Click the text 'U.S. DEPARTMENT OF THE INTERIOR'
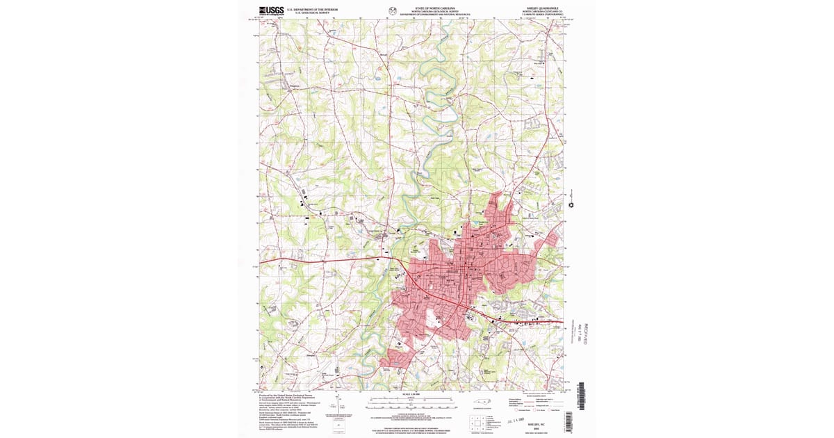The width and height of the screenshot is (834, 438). click(317, 9)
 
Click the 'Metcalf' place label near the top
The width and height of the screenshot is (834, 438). click(384, 54)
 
